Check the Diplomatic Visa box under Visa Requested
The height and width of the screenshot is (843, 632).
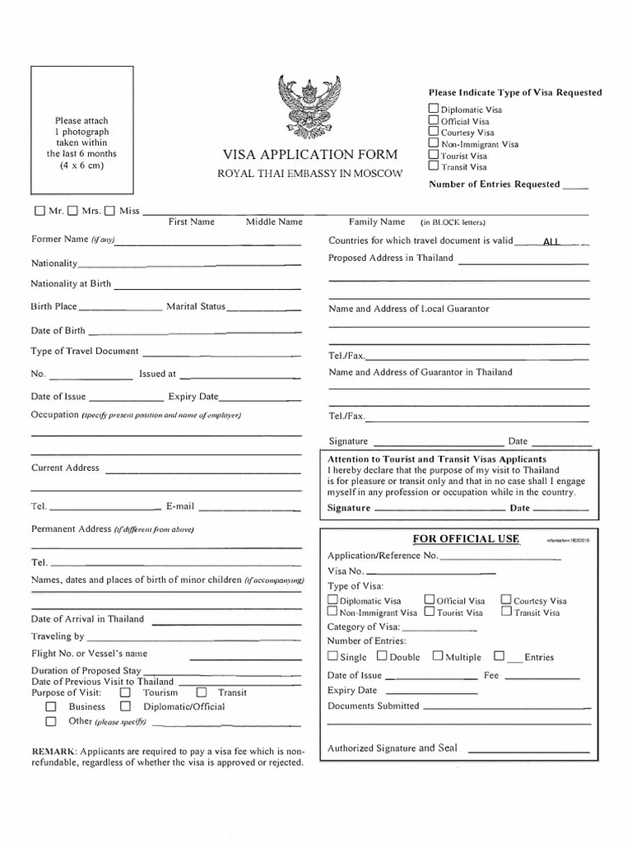(434, 109)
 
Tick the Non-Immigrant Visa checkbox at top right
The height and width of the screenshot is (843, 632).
(434, 143)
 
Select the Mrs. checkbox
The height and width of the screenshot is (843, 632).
(72, 211)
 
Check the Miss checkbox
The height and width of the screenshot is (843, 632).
(109, 211)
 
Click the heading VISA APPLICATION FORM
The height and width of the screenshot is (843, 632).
(309, 154)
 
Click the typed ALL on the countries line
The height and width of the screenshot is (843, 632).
(551, 241)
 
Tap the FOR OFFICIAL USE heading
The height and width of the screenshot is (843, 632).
(466, 538)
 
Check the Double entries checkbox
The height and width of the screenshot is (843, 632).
(382, 656)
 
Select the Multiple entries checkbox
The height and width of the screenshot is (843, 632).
(438, 656)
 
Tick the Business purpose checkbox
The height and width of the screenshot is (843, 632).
(51, 706)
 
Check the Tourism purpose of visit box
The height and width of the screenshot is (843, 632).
(125, 693)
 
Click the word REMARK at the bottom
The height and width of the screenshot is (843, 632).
(53, 752)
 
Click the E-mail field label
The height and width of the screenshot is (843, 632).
(180, 506)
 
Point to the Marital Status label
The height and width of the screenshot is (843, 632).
(196, 306)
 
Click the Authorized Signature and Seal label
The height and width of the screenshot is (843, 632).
(393, 748)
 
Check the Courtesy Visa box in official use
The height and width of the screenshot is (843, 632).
(506, 600)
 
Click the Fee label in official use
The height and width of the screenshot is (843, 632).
(491, 675)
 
